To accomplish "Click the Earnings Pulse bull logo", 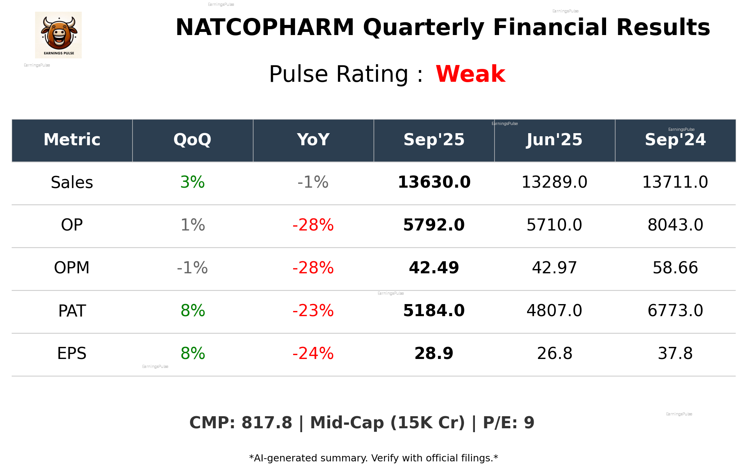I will pos(58,35).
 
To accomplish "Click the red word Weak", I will pos(470,74).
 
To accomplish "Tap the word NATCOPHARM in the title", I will pos(265,28).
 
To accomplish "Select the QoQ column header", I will pos(192,140).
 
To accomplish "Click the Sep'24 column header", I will pos(675,140).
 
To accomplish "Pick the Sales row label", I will pos(72,183).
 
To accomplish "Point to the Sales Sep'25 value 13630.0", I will pos(434,182).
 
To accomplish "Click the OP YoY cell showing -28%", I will pos(313,225).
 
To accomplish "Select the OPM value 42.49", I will pos(434,268).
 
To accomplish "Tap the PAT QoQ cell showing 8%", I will pos(193,311).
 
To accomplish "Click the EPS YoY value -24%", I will pos(313,354).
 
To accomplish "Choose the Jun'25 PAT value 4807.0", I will pos(554,311).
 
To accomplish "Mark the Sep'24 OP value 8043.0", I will pos(675,225).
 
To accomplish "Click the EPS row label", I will pos(72,354).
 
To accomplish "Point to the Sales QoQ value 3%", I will pos(193,182).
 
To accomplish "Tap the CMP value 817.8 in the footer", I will pos(267,423).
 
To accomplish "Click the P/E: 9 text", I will pos(508,423).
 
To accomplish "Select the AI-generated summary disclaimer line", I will pos(373,458).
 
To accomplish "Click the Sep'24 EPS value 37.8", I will pos(675,354).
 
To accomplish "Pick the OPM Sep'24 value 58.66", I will pos(675,268).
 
